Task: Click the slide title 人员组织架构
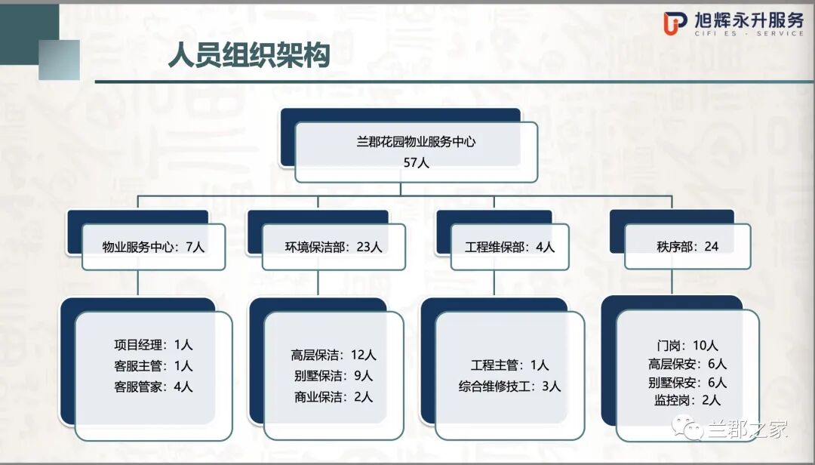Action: tap(249, 57)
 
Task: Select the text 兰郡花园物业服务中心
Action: tap(416, 141)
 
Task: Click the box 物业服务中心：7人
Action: tap(153, 246)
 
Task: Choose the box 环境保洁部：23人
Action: tap(334, 246)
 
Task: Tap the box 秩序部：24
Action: tap(688, 246)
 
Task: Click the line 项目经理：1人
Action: tap(153, 345)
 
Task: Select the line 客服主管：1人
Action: tap(153, 366)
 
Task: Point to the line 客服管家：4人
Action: tap(153, 386)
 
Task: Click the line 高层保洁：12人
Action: tap(334, 355)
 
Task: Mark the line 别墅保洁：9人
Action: tap(334, 376)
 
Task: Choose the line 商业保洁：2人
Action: tap(334, 397)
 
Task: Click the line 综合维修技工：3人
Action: tap(509, 386)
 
